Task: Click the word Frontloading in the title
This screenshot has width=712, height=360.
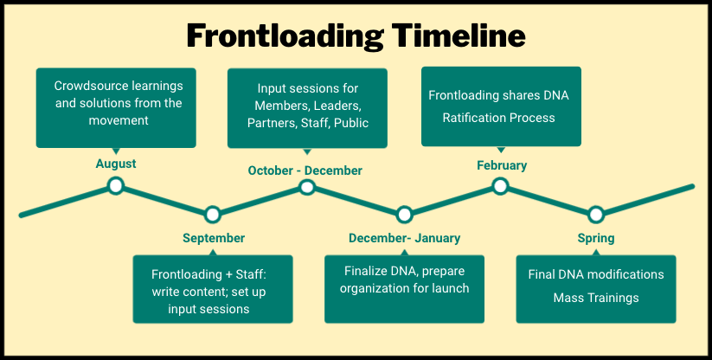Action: coord(285,36)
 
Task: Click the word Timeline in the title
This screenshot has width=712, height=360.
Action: coord(459,35)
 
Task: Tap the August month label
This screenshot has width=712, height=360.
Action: coord(116,164)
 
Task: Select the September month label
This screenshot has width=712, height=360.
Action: coord(214,238)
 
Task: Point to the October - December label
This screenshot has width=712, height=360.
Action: coord(305,170)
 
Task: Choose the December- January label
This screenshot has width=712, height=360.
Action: coord(405,238)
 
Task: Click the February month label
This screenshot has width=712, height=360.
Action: coord(502,165)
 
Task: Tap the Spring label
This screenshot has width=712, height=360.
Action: coord(596,238)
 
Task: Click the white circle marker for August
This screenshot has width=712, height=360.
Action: coord(116,186)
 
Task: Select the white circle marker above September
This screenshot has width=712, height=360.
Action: coord(213,215)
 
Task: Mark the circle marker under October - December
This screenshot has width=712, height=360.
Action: coord(307,187)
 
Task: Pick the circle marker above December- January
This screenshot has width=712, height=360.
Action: coord(404,215)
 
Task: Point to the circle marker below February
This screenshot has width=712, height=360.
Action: coord(500,186)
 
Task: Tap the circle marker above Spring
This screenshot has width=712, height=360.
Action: coord(596,215)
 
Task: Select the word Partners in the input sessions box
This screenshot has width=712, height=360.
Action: coord(273,123)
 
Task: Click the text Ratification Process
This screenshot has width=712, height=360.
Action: coord(498,118)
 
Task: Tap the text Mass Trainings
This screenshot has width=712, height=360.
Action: coord(596,299)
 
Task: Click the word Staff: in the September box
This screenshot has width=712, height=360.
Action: coord(251,274)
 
